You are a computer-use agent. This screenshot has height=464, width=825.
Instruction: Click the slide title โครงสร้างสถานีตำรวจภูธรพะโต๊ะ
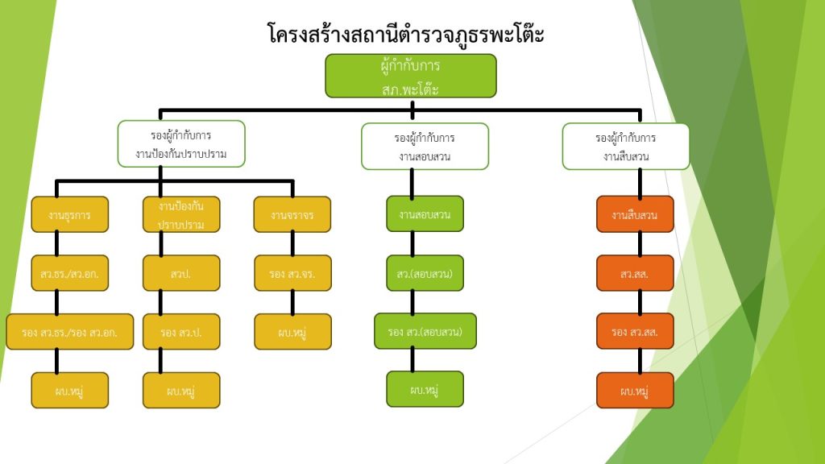pyautogui.click(x=405, y=35)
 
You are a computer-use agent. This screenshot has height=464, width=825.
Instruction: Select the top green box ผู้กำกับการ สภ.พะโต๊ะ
pyautogui.click(x=411, y=76)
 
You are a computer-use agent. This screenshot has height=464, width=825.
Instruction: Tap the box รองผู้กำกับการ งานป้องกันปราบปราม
pyautogui.click(x=181, y=144)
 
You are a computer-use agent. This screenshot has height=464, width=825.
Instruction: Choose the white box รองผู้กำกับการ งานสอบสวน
pyautogui.click(x=425, y=147)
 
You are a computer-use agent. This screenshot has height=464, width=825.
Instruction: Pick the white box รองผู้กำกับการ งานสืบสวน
pyautogui.click(x=626, y=147)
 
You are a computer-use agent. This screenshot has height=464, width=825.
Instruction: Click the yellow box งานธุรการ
pyautogui.click(x=69, y=215)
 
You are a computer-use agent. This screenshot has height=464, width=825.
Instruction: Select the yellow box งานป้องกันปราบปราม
pyautogui.click(x=181, y=215)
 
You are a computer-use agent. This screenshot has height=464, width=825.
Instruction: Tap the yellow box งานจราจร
pyautogui.click(x=292, y=215)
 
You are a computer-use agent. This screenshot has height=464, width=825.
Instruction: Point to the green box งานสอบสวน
pyautogui.click(x=425, y=214)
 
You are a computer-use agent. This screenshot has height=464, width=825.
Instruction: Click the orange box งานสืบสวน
pyautogui.click(x=635, y=214)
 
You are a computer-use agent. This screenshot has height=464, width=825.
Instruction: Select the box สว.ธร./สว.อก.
pyautogui.click(x=69, y=273)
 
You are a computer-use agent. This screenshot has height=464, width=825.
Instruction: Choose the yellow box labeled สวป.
pyautogui.click(x=181, y=273)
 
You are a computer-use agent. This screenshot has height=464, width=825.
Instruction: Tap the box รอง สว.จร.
pyautogui.click(x=292, y=273)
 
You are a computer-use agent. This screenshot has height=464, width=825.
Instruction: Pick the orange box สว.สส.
pyautogui.click(x=635, y=273)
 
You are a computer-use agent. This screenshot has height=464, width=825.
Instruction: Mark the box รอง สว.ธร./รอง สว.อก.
pyautogui.click(x=69, y=332)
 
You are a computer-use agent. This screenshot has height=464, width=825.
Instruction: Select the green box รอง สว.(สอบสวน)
pyautogui.click(x=425, y=331)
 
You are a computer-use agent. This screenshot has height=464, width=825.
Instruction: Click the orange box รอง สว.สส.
pyautogui.click(x=635, y=331)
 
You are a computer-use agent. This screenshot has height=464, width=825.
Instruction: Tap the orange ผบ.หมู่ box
pyautogui.click(x=635, y=391)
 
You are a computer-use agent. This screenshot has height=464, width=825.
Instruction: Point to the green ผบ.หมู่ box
pyautogui.click(x=425, y=389)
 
